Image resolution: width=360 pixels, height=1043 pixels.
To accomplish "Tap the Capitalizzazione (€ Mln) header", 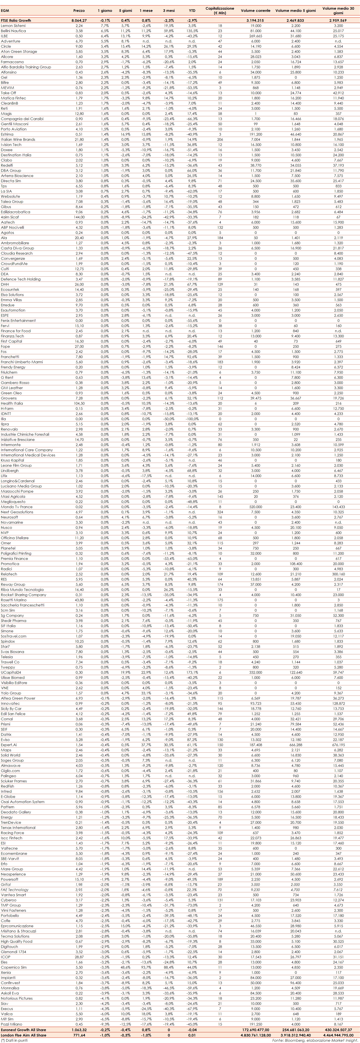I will pyautogui.click(x=220, y=10).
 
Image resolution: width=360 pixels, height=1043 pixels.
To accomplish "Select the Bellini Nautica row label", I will pyautogui.click(x=13, y=31).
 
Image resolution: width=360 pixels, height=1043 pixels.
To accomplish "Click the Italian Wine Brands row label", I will pyautogui.click(x=18, y=139).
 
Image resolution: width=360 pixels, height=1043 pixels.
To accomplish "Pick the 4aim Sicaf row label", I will pyautogui.click(x=10, y=217).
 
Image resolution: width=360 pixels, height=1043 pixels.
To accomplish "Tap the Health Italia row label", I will pyautogui.click(x=12, y=403).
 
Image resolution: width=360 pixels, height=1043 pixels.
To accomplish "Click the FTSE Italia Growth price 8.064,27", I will pyautogui.click(x=79, y=20).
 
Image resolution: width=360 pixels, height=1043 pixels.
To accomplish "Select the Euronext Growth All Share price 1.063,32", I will pyautogui.click(x=79, y=1030).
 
